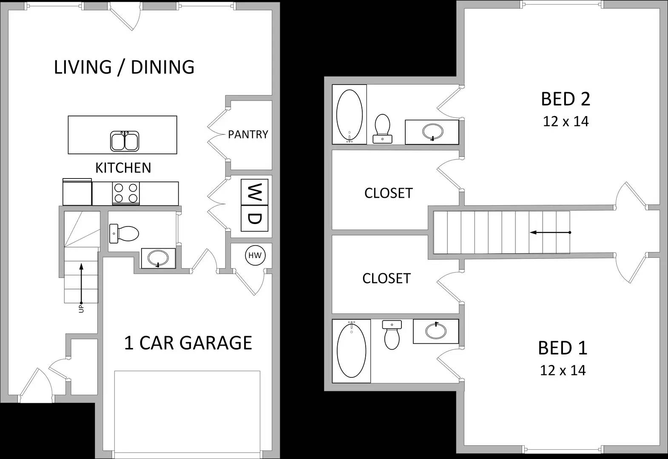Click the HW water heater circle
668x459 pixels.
pyautogui.click(x=255, y=255)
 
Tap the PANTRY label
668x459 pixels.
pyautogui.click(x=248, y=134)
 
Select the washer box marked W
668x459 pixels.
pyautogui.click(x=254, y=192)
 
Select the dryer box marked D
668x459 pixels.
pyautogui.click(x=254, y=218)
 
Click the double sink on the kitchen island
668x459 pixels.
pyautogui.click(x=125, y=141)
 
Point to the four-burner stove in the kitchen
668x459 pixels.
pyautogui.click(x=126, y=193)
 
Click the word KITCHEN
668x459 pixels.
pyautogui.click(x=123, y=168)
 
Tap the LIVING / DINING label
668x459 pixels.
pyautogui.click(x=124, y=67)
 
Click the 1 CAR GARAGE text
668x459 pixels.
pyautogui.click(x=188, y=343)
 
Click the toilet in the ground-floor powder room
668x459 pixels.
pyautogui.click(x=124, y=233)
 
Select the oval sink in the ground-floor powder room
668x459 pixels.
pyautogui.click(x=158, y=258)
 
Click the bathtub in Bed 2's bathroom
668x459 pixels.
pyautogui.click(x=350, y=114)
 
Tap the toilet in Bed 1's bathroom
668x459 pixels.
pyautogui.click(x=392, y=335)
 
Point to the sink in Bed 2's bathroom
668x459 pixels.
pyautogui.click(x=433, y=131)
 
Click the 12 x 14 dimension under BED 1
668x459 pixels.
pyautogui.click(x=563, y=371)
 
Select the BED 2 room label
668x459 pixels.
pyautogui.click(x=566, y=99)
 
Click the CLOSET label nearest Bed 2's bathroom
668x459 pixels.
pyautogui.click(x=389, y=193)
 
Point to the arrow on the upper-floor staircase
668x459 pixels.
pyautogui.click(x=550, y=232)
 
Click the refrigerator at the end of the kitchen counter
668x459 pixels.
pyautogui.click(x=77, y=192)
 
